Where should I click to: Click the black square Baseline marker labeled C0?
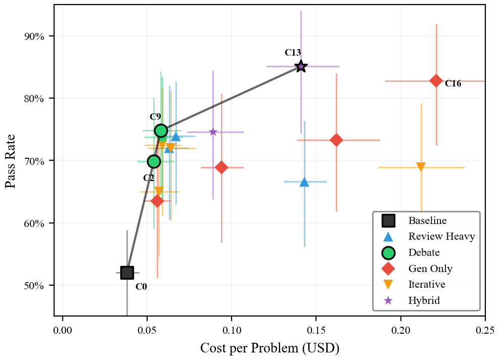tap(127, 273)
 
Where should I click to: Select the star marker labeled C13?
tap(301, 66)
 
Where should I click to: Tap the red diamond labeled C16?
tap(436, 81)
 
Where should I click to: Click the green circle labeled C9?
tap(161, 131)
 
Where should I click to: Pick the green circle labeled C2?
tap(154, 162)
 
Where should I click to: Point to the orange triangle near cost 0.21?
tap(421, 167)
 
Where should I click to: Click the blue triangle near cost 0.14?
tap(304, 182)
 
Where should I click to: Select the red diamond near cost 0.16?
tap(336, 140)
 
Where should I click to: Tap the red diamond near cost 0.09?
tap(221, 167)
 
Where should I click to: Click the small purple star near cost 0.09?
tap(213, 132)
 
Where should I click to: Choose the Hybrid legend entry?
tap(424, 300)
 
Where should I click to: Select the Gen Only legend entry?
tap(430, 268)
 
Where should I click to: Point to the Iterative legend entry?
tap(427, 284)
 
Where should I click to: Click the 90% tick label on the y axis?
tap(34, 36)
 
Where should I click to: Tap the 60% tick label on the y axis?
tap(34, 223)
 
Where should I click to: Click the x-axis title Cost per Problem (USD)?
tap(269, 348)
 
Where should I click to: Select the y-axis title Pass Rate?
tap(11, 161)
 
